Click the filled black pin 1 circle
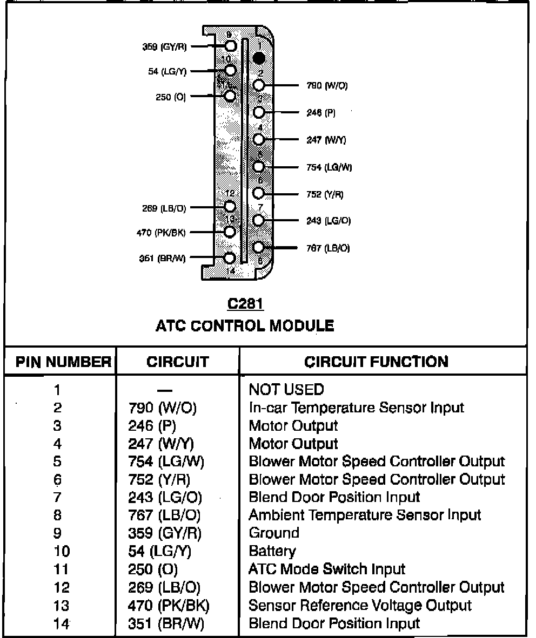coord(259,57)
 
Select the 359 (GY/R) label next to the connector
coord(164,47)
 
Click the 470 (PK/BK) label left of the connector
coord(162,233)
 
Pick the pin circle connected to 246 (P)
coord(259,112)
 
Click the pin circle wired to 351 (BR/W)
coord(230,258)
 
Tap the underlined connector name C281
coord(245,304)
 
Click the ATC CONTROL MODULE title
coord(245,325)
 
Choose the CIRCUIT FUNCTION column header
coord(376,361)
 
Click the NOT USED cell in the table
coord(286,390)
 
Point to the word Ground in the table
coord(274,533)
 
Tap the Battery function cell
coord(272,551)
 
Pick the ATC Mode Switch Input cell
coord(327,569)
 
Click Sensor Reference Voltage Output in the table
coord(360,605)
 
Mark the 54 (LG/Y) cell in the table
coord(160,551)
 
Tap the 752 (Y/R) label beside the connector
coord(325,194)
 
